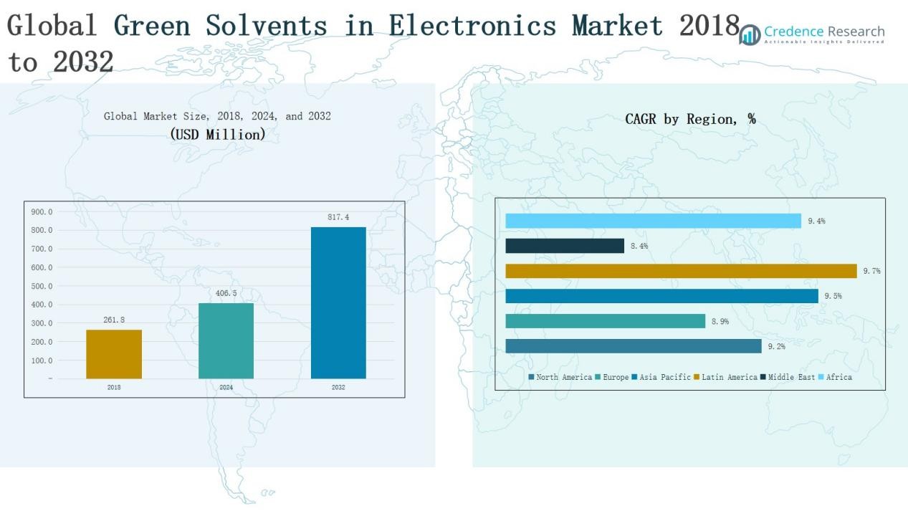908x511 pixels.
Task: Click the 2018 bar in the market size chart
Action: (x=114, y=354)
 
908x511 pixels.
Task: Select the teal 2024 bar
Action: (x=226, y=340)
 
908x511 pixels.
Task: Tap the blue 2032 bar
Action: (x=338, y=302)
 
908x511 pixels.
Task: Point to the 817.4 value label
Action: (x=338, y=217)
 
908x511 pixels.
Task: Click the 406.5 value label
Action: (x=226, y=293)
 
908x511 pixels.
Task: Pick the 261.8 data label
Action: (x=114, y=320)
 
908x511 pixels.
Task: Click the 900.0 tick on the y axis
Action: (x=42, y=212)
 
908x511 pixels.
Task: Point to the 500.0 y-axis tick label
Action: (x=42, y=286)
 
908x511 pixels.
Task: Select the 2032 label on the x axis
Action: (x=338, y=387)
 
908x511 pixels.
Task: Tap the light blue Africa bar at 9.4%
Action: (x=653, y=221)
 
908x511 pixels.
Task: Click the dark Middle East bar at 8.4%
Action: (x=565, y=246)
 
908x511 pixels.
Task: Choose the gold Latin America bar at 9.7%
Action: (x=681, y=271)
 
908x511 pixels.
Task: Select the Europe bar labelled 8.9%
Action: (x=605, y=321)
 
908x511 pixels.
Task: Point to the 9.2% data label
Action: (x=776, y=346)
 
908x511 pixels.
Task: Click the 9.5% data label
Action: (x=832, y=296)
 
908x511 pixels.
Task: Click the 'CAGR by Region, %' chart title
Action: (x=690, y=119)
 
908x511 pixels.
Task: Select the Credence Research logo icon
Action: (x=750, y=34)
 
